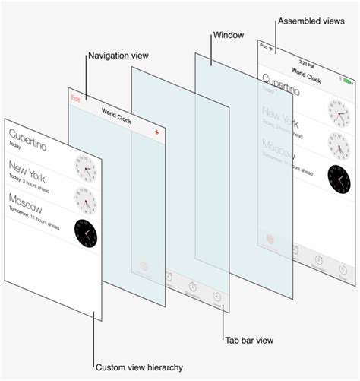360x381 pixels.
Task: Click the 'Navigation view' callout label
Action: (118, 56)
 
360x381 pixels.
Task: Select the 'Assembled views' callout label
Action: (310, 21)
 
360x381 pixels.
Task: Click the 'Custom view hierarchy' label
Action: (139, 367)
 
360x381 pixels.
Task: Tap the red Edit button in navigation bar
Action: (75, 99)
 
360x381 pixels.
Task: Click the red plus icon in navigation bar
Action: (156, 132)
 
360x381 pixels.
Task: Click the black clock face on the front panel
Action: (86, 233)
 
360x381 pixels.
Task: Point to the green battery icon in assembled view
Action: (348, 81)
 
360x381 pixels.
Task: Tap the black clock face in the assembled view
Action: (339, 177)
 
